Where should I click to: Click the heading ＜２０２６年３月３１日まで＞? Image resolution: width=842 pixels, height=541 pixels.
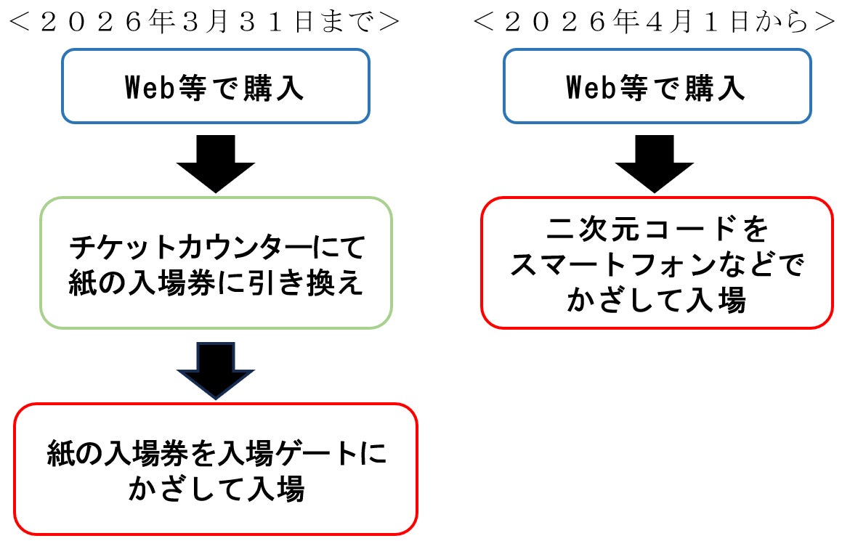(206, 21)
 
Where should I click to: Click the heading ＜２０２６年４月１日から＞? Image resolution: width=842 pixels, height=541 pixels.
(654, 21)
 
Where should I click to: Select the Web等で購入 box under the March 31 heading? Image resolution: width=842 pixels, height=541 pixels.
(216, 86)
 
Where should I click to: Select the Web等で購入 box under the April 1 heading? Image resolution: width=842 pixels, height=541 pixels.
(657, 86)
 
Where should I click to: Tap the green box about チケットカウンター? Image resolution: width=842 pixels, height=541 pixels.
(216, 262)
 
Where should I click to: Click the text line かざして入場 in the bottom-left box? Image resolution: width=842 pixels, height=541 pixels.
(216, 490)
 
